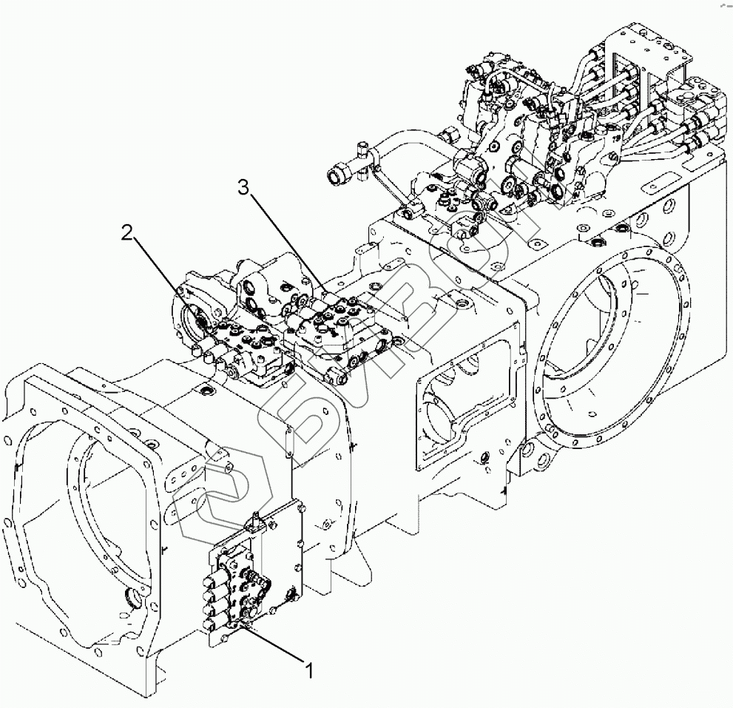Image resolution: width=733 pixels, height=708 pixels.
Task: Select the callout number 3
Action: point(244,188)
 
